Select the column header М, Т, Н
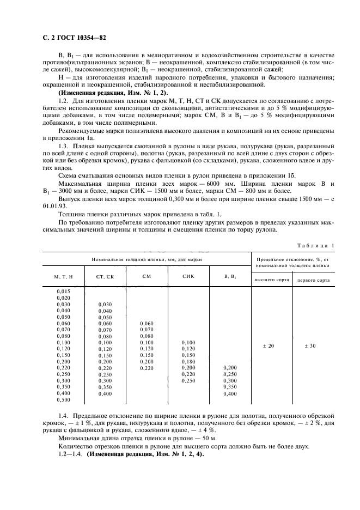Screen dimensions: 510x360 pos(63,277)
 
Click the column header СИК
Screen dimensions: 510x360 pos(188,276)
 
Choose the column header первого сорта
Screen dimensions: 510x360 pos(313,280)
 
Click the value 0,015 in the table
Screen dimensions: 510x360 pos(63,292)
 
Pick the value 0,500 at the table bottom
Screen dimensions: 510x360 pos(63,400)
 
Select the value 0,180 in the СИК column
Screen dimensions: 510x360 pos(188,361)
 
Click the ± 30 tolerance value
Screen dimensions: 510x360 pos(313,345)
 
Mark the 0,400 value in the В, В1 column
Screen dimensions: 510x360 pos(230,393)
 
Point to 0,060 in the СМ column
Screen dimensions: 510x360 pos(147,323)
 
